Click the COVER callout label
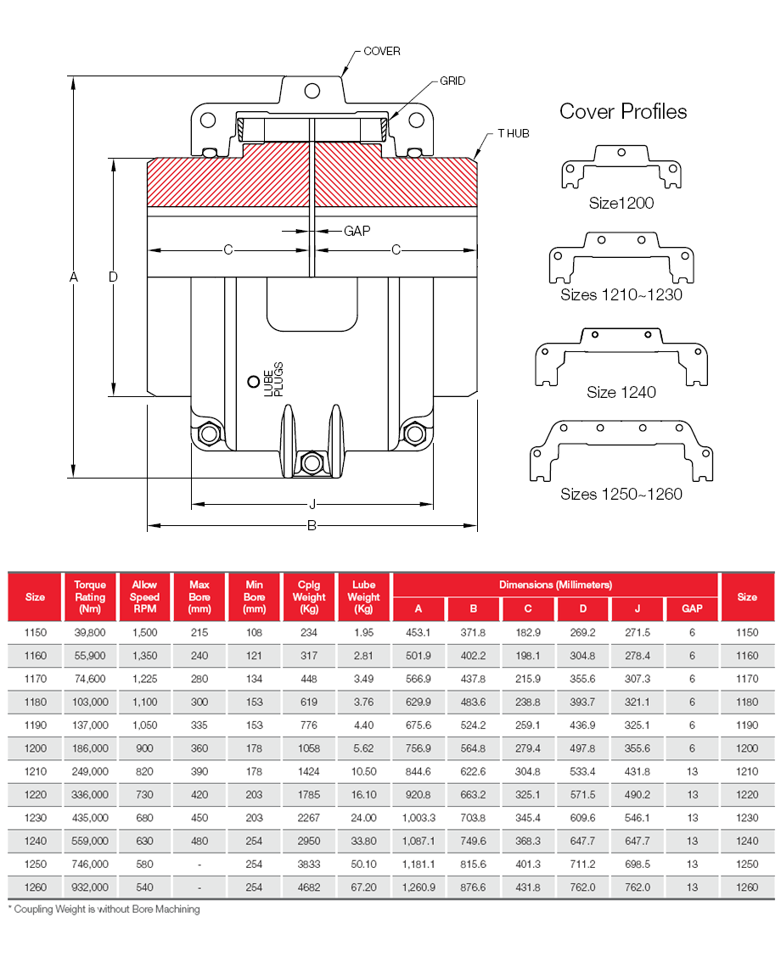[x=381, y=51]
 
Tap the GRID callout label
[x=452, y=81]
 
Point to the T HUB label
[x=514, y=134]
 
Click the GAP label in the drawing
[x=357, y=231]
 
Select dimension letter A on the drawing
[x=74, y=277]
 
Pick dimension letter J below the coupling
[x=312, y=505]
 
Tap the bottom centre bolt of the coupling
[x=312, y=462]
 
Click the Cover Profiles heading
[x=623, y=111]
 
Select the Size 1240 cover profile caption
[x=621, y=392]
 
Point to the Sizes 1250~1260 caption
[x=621, y=494]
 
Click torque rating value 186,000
[x=90, y=749]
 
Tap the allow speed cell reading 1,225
[x=144, y=679]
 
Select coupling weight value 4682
[x=308, y=887]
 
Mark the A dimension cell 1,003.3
[x=418, y=818]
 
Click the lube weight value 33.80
[x=363, y=841]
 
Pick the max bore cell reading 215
[x=199, y=633]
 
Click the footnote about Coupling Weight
[x=104, y=910]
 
